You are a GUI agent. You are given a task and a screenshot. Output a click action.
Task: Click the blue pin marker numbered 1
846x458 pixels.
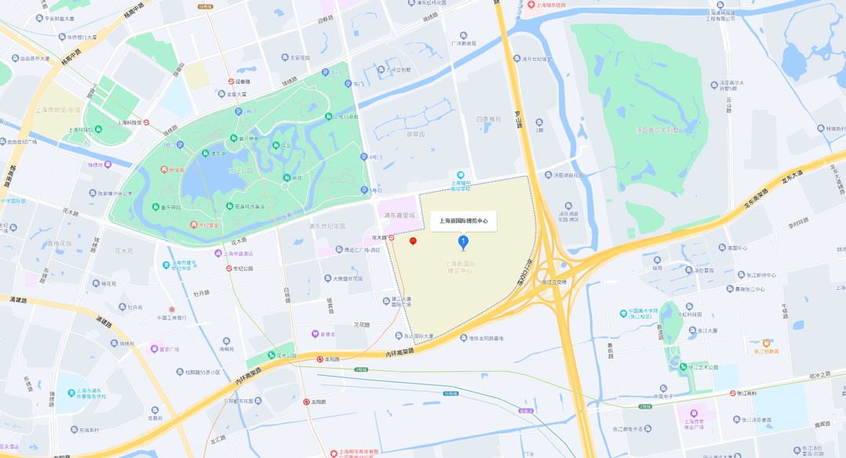click(463, 243)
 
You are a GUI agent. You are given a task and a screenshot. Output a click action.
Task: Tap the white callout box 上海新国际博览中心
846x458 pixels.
click(463, 222)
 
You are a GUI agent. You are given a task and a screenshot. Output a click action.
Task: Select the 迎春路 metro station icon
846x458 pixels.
click(231, 81)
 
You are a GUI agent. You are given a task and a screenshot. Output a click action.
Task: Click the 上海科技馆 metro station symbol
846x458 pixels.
click(146, 122)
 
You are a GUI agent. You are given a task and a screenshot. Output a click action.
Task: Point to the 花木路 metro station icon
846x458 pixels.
click(392, 237)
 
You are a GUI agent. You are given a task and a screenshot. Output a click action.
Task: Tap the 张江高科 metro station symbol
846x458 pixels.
click(733, 393)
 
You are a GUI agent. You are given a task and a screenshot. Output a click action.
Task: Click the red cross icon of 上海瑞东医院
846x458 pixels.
click(530, 5)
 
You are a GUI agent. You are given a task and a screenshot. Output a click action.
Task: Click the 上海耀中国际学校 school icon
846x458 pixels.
click(461, 175)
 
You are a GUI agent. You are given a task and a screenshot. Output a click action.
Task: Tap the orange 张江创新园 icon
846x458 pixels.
click(766, 343)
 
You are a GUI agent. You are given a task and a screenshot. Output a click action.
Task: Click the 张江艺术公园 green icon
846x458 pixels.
click(683, 366)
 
